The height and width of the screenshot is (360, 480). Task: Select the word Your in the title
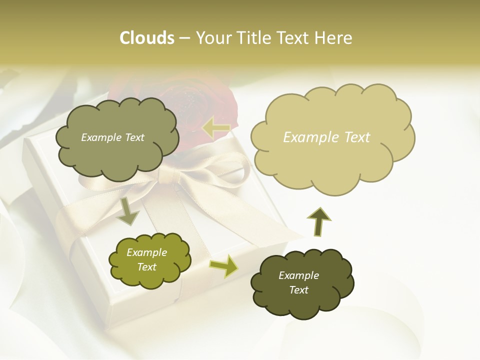pyautogui.click(x=214, y=38)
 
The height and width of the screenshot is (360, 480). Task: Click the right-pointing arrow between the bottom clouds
pyautogui.click(x=223, y=265)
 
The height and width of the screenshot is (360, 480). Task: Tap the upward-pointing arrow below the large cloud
pyautogui.click(x=318, y=221)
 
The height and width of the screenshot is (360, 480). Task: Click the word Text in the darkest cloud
pyautogui.click(x=298, y=290)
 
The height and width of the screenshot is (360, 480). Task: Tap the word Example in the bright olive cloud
pyautogui.click(x=146, y=252)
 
